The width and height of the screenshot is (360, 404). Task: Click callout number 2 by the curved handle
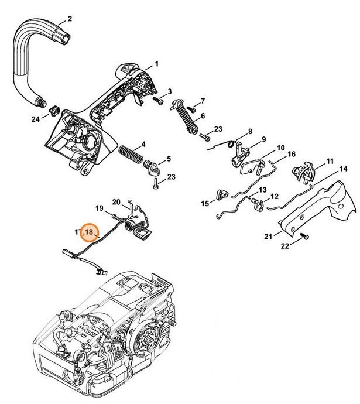pyautogui.click(x=70, y=19)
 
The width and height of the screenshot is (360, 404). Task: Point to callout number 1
pyautogui.click(x=157, y=63)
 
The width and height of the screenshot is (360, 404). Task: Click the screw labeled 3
pyautogui.click(x=158, y=101)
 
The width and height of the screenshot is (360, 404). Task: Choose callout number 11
pyautogui.click(x=330, y=161)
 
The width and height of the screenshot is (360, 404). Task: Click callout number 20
pyautogui.click(x=116, y=202)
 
